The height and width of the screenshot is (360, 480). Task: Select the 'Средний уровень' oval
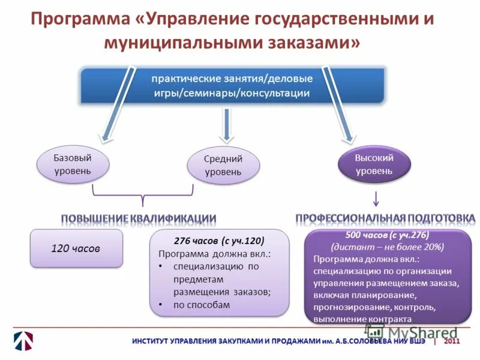[x=223, y=165]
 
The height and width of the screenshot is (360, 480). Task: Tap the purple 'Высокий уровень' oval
[x=374, y=164]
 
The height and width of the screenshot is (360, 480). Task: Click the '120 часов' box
[x=76, y=248]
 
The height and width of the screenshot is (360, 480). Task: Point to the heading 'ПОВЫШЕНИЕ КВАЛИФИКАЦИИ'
[x=139, y=217]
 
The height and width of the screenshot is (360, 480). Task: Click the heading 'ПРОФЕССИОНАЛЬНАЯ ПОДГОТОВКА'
[x=385, y=217]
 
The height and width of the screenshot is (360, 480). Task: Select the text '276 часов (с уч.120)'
[x=218, y=241]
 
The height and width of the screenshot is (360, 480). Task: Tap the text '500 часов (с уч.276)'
[x=387, y=235]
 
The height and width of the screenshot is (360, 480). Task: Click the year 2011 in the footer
[x=452, y=341]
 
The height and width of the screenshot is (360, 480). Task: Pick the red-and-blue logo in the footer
[x=23, y=341]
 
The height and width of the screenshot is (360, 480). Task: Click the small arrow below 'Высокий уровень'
[x=376, y=198]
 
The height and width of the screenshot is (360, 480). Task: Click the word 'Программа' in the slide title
[x=79, y=20]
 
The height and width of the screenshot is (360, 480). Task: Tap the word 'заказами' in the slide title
[x=317, y=43]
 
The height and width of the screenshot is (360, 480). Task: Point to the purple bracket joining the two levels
[x=142, y=196]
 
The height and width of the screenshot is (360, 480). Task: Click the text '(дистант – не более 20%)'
[x=387, y=247]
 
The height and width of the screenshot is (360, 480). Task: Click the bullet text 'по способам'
[x=202, y=305]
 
